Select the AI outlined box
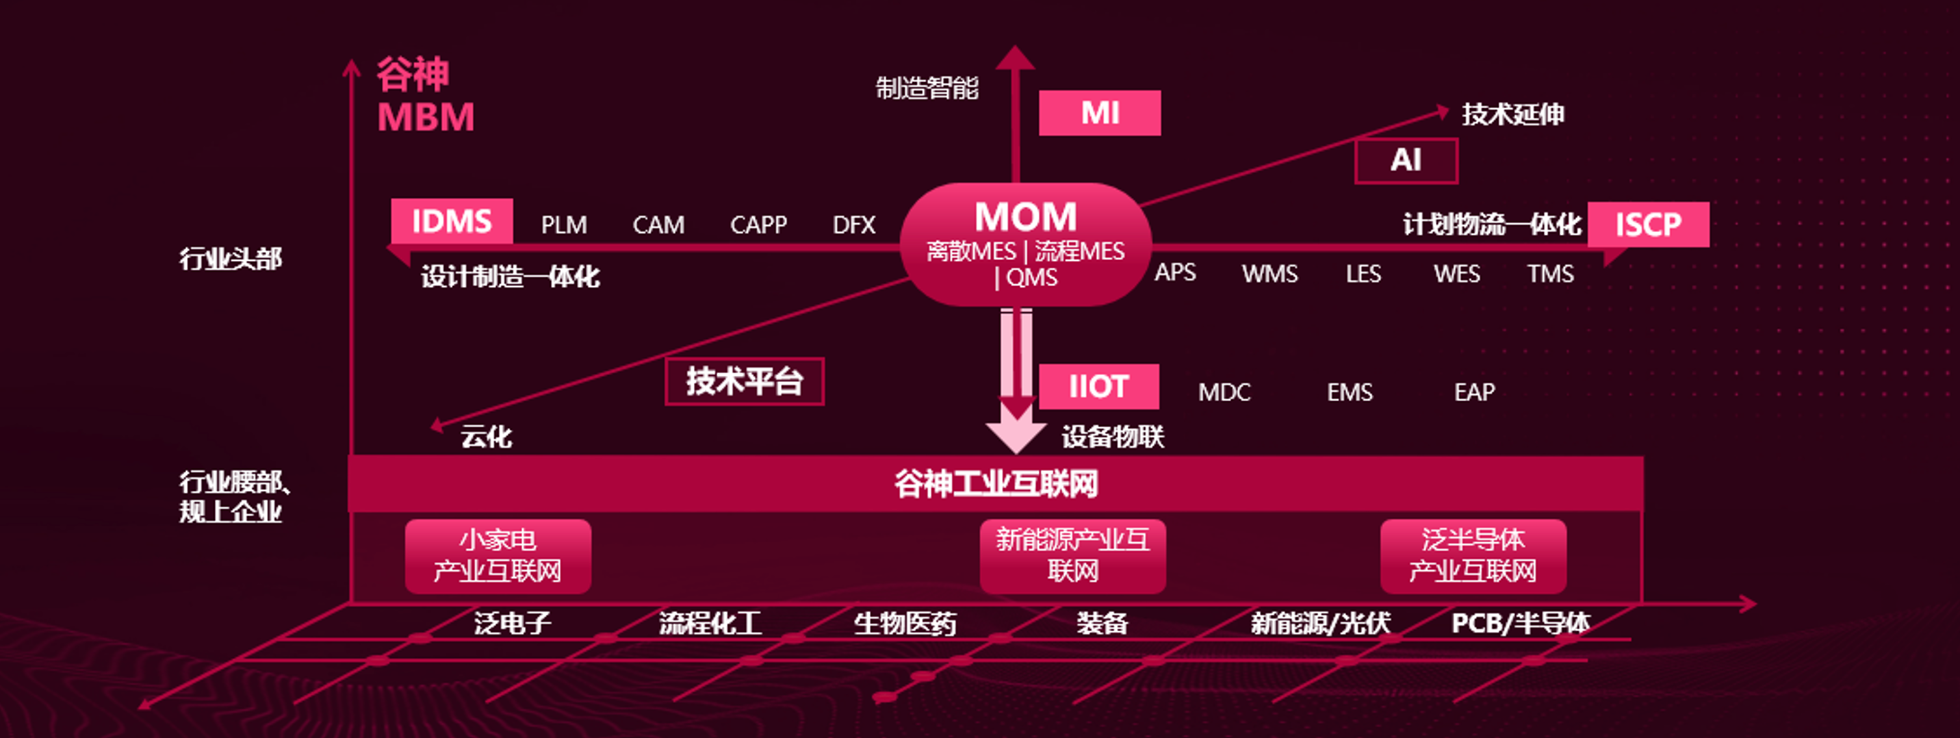click(x=1405, y=160)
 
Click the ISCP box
click(x=1647, y=225)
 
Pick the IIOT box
click(x=1098, y=387)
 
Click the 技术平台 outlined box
click(x=744, y=381)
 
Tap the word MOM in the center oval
click(x=1025, y=217)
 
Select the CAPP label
click(x=758, y=225)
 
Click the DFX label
click(x=853, y=225)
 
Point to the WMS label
click(x=1269, y=273)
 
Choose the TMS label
click(x=1550, y=273)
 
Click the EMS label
click(x=1349, y=392)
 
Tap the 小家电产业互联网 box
click(x=498, y=556)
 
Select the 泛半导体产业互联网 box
click(x=1472, y=556)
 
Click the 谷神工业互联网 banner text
click(x=995, y=484)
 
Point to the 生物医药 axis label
click(x=904, y=624)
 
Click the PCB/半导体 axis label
click(x=1519, y=624)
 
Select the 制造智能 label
click(x=926, y=88)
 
